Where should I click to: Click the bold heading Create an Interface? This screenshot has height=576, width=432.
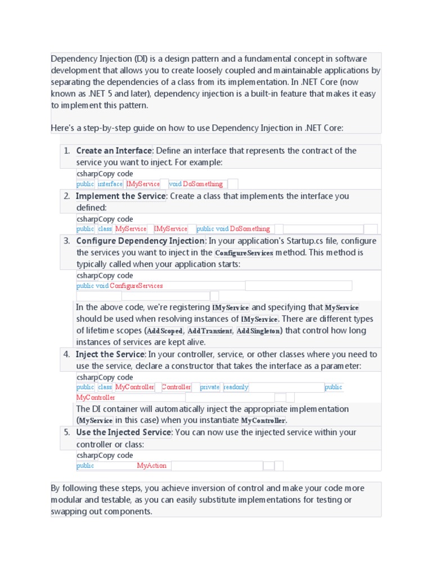(x=114, y=151)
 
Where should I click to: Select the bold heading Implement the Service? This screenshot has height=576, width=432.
(x=121, y=196)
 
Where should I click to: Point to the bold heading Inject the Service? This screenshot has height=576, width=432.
(x=110, y=354)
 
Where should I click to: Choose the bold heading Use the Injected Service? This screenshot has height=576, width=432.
(x=123, y=433)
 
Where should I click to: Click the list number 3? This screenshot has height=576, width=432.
(x=66, y=241)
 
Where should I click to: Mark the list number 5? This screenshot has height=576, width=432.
(x=66, y=433)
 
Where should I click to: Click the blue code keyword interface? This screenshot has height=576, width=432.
(x=110, y=184)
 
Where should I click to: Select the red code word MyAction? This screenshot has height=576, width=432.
(x=152, y=466)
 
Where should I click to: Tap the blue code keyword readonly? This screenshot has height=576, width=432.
(x=236, y=388)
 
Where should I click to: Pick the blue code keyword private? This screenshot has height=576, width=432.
(x=209, y=388)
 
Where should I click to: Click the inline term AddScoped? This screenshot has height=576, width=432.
(x=164, y=331)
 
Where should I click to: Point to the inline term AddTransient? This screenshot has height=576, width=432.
(x=209, y=331)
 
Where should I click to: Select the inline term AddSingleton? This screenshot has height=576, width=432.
(x=258, y=331)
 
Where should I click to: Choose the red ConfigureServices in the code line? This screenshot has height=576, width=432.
(x=136, y=286)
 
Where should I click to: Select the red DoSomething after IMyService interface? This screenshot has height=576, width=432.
(x=203, y=184)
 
